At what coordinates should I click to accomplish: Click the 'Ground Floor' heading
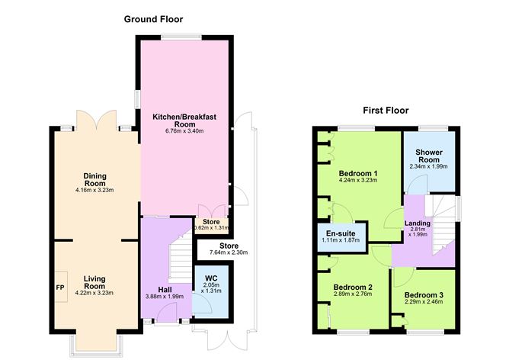click(154, 18)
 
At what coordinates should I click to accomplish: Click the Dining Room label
click(96, 181)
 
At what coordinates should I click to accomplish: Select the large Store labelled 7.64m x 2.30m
click(225, 249)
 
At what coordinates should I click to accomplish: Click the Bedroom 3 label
click(423, 295)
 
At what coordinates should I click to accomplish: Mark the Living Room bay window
click(94, 344)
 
